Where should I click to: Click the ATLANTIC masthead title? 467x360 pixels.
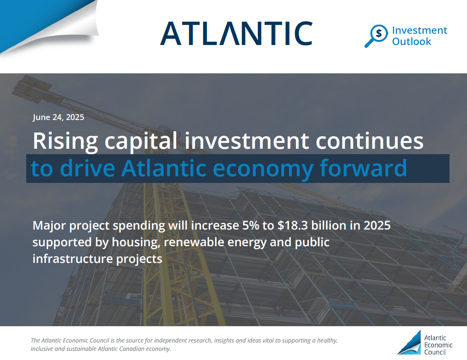pos(237,33)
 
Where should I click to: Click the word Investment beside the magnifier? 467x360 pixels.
pos(420,30)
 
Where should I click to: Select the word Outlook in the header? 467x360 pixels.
pos(411,41)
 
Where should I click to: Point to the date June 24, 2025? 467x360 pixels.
pos(58,117)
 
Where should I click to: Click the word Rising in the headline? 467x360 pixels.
pos(65,141)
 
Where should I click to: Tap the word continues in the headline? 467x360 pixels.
pos(370,141)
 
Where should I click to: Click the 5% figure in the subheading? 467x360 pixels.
pos(250,225)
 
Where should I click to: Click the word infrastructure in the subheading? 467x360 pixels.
pos(72,259)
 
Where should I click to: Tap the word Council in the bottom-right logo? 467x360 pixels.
pos(435,352)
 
